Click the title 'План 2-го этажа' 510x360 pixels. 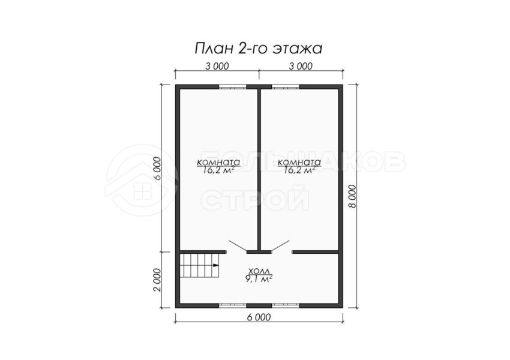coord(259,49)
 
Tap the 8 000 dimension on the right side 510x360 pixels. coord(352,196)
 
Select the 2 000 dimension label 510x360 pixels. coord(157,280)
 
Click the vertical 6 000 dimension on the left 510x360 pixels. coord(157,169)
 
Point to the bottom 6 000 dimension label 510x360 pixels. coord(259,316)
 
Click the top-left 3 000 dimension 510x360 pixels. coord(217,66)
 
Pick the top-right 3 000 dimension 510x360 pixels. coord(301,66)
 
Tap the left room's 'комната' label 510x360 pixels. coord(218,162)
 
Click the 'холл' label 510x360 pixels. coord(259,271)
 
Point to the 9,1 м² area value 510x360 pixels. coord(259,278)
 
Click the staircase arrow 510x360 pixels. coord(215,265)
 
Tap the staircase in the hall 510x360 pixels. coord(199,265)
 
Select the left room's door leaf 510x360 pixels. coord(238,246)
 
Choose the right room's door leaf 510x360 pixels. coord(281,246)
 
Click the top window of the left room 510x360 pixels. coord(232,87)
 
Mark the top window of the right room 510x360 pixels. coord(286,87)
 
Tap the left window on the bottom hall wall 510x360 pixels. coord(232,305)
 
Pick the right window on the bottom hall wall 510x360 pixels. coord(286,305)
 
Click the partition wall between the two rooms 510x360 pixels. coord(259,169)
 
